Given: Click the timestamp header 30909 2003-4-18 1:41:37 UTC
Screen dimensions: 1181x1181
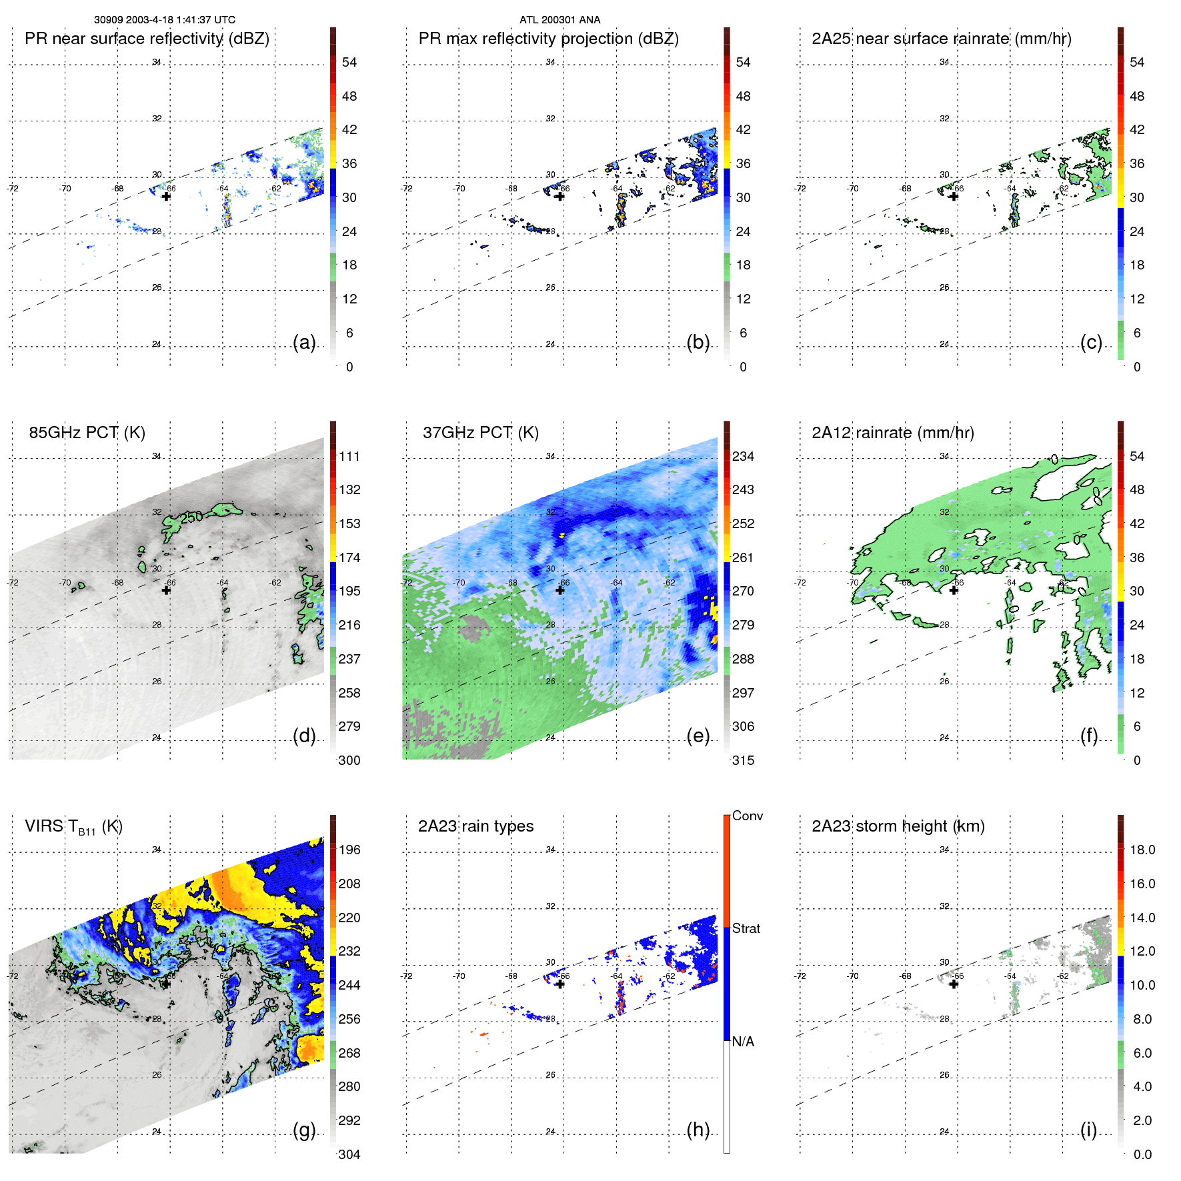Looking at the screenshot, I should (164, 20).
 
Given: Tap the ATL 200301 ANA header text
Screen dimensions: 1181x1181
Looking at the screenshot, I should (559, 20).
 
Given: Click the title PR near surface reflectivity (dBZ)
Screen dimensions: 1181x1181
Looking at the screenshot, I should (147, 39).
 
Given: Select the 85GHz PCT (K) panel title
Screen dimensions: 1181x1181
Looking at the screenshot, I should (87, 433).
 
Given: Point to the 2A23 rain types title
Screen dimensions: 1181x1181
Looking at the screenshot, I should (475, 826).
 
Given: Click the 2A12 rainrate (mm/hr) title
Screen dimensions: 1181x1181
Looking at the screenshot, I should (892, 433).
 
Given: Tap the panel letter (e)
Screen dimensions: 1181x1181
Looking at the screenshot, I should (698, 736).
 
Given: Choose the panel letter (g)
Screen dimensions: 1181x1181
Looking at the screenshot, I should (304, 1130).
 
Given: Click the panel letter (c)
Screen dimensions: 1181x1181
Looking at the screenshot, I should (1091, 342).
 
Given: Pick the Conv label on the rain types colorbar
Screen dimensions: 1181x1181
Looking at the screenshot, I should (747, 816).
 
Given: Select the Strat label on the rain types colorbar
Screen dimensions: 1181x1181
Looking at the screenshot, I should (746, 929).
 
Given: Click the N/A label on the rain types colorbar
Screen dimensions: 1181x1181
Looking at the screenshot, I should (743, 1042).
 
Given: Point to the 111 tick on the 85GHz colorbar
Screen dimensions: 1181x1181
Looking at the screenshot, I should (349, 457).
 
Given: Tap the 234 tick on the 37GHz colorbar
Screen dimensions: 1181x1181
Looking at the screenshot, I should (743, 457).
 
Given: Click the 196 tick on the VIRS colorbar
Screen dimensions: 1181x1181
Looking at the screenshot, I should (349, 850).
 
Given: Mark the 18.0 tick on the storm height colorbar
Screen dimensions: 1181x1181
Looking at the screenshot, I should (1142, 850).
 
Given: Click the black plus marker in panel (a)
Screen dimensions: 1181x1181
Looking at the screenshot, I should (166, 197).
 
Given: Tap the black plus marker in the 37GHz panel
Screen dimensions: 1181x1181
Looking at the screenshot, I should (560, 590).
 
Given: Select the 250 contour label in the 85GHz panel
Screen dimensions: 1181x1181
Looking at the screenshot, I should (191, 517).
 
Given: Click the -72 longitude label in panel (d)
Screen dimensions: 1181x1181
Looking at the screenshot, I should (13, 583).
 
